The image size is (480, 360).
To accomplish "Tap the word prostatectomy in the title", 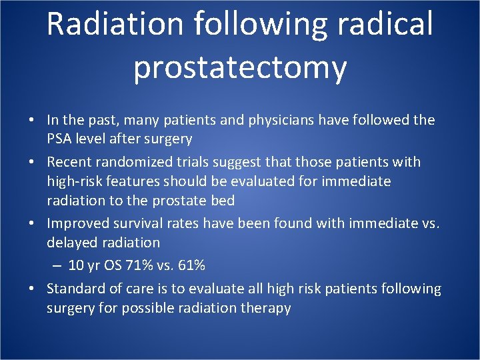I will pyautogui.click(x=240, y=67).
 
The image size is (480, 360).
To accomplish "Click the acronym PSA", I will pyautogui.click(x=61, y=139).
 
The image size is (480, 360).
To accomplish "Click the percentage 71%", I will pyautogui.click(x=137, y=265).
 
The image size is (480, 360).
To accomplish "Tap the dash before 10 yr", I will pyautogui.click(x=57, y=265).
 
